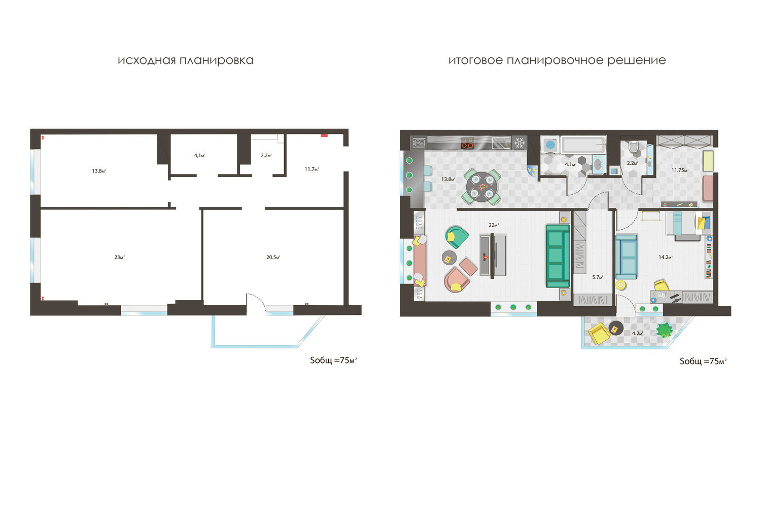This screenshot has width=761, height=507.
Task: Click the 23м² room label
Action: (x=120, y=258)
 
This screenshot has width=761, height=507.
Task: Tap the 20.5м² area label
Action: (x=273, y=258)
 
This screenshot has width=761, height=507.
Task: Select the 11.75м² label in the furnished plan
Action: (x=680, y=170)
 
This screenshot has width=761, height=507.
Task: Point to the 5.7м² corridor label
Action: (x=598, y=277)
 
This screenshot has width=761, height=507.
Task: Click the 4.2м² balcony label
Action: (x=637, y=334)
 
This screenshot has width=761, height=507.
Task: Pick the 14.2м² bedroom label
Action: (x=666, y=258)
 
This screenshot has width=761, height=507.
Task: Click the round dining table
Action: (x=481, y=187)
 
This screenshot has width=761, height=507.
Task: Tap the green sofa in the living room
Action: (x=558, y=256)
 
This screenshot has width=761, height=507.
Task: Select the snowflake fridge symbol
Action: (x=520, y=143)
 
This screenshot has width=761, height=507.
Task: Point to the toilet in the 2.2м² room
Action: (x=633, y=147)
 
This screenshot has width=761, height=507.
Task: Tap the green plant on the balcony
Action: (x=664, y=330)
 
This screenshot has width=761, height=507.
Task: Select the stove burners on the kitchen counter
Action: (x=467, y=143)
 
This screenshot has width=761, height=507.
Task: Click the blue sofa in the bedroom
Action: (x=627, y=257)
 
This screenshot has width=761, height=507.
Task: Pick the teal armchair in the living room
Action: (x=457, y=237)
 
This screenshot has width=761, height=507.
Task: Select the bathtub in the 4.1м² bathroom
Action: (x=583, y=144)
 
